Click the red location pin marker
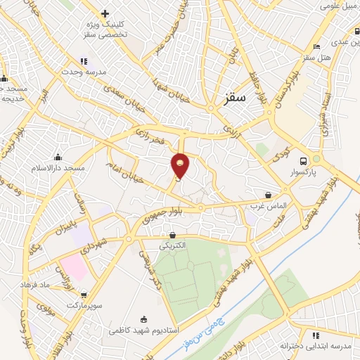[x=181, y=165]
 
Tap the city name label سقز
[x=236, y=99]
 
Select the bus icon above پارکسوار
[x=303, y=160]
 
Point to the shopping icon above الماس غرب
[x=269, y=195]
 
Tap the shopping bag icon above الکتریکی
[x=173, y=236]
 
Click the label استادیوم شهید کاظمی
[x=144, y=329]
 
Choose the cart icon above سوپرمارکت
[x=84, y=295]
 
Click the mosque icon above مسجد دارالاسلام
[x=58, y=157]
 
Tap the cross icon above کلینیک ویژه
[x=105, y=13]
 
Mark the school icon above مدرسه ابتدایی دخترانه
[x=316, y=335]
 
